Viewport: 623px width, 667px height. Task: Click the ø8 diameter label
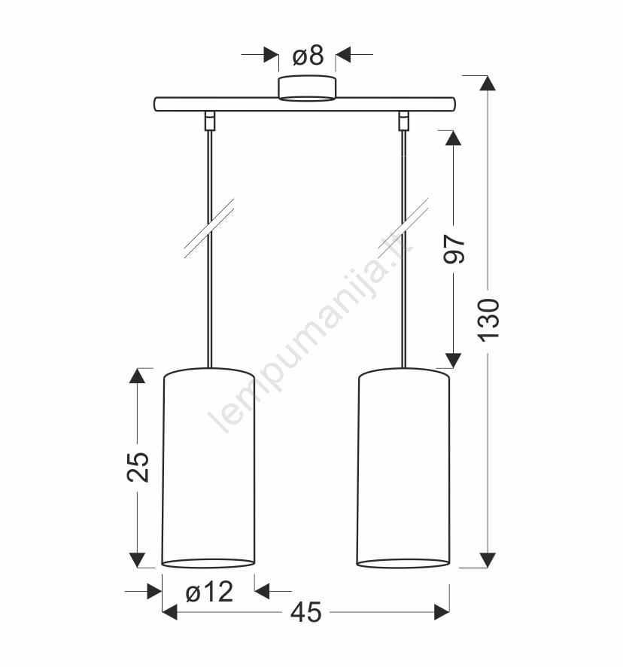pos(308,56)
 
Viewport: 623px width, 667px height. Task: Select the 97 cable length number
pos(454,248)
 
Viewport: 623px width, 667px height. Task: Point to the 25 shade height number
pos(138,467)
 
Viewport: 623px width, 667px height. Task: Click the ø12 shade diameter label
pos(210,592)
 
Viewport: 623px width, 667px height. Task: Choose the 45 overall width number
pos(306,613)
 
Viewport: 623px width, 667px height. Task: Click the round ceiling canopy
pos(307,89)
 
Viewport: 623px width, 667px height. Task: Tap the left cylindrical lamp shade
pos(208,468)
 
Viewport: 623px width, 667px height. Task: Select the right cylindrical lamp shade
pos(403,468)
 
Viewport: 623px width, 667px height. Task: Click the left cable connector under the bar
pos(209,120)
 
